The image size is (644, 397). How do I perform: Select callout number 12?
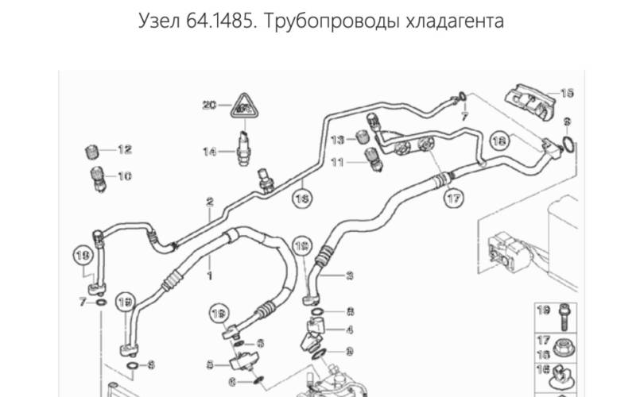point(125,149)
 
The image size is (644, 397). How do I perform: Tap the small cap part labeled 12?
point(91,151)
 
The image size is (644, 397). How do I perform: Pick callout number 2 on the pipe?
point(211,202)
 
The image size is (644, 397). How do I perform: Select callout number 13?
point(338,140)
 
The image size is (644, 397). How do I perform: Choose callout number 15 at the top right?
point(566,93)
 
